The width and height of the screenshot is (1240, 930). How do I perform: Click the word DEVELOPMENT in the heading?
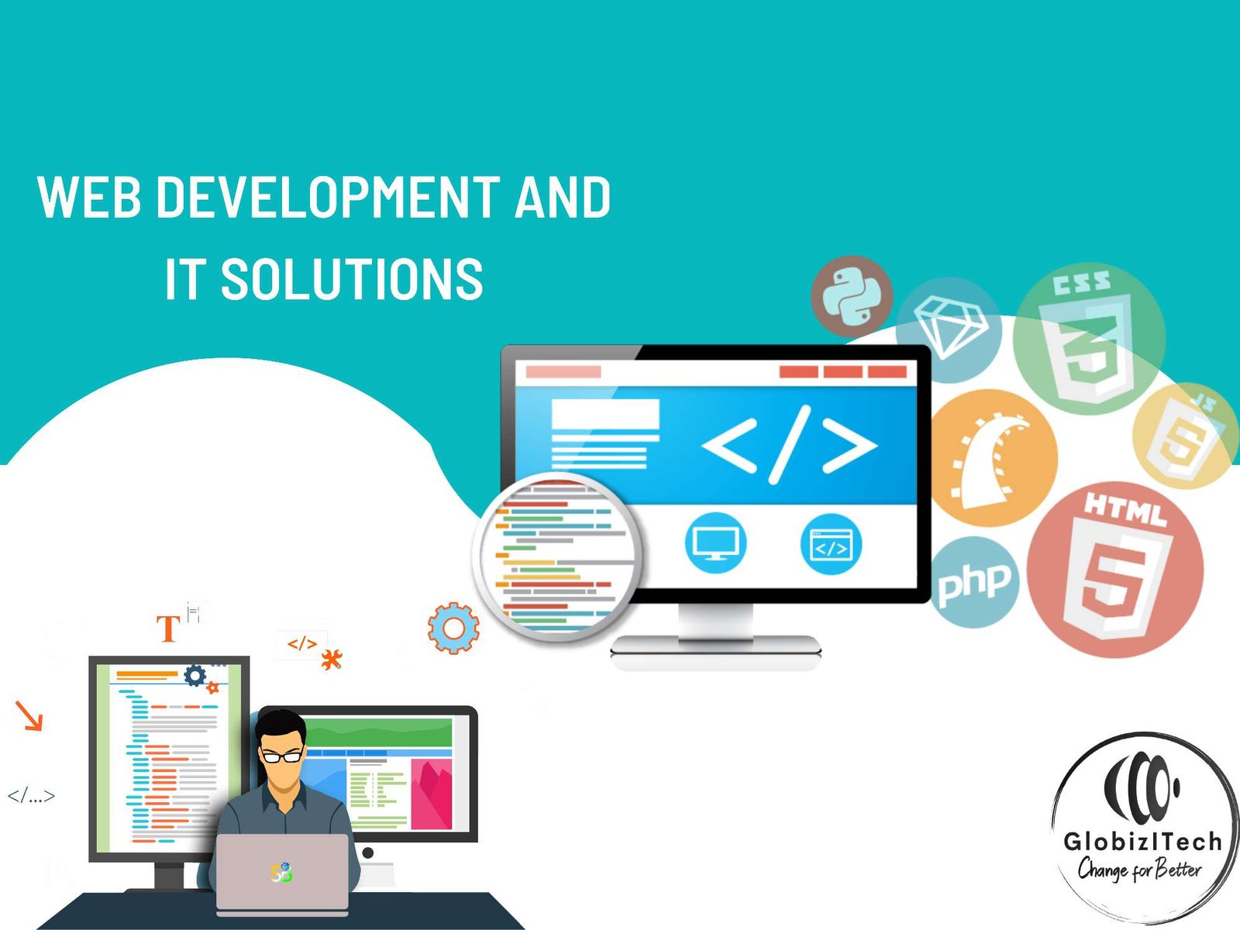point(328,197)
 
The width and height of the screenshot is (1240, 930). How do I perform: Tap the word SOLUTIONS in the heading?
point(351,279)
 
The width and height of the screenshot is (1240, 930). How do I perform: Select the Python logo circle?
point(852,297)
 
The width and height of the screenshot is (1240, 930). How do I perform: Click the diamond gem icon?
point(951,327)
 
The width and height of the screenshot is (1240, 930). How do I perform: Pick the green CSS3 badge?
point(1089,339)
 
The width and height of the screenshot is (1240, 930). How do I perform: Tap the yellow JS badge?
point(1185,436)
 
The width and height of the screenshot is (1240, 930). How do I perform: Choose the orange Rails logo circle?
point(994,458)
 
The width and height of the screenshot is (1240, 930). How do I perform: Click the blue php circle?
point(973,582)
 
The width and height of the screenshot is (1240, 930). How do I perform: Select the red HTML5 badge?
point(1115,569)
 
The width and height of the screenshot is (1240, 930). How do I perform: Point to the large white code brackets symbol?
point(789,445)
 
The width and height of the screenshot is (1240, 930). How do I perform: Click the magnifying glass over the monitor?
point(556,556)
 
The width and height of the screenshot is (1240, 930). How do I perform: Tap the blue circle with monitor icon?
point(716,543)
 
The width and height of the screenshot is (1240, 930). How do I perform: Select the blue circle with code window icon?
point(831,544)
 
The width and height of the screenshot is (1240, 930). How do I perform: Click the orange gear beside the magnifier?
point(453,628)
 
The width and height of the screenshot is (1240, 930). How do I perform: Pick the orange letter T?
point(168,629)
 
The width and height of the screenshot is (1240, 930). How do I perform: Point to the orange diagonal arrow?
point(29,715)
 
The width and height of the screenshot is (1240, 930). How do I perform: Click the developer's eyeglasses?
point(283,756)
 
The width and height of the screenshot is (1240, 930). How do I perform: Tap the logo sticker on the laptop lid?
point(281,873)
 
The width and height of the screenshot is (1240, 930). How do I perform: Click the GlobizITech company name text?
point(1142,842)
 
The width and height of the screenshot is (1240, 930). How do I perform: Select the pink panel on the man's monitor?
point(432,794)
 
